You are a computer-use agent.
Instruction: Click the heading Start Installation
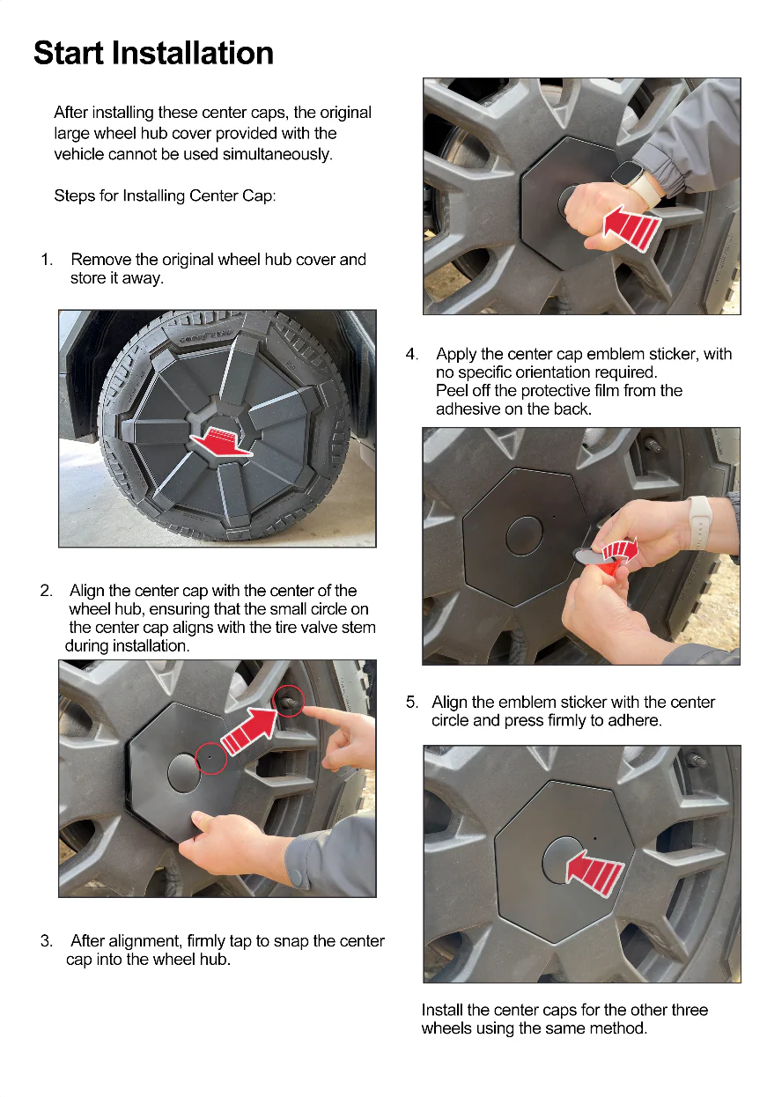point(153,53)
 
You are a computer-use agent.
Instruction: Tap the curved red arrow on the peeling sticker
point(623,549)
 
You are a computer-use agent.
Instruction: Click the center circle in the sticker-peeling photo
point(524,534)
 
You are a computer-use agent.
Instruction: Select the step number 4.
point(411,354)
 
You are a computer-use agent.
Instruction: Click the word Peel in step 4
point(452,391)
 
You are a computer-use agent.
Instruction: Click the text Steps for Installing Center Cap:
point(165,195)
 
